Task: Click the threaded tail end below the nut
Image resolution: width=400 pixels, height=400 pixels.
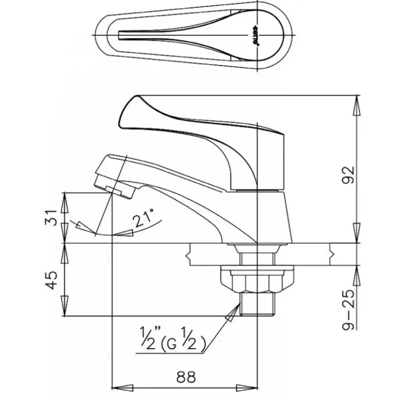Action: [256, 304]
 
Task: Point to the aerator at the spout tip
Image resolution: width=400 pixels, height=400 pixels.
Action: [118, 190]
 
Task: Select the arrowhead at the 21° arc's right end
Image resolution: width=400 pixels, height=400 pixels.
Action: [128, 233]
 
